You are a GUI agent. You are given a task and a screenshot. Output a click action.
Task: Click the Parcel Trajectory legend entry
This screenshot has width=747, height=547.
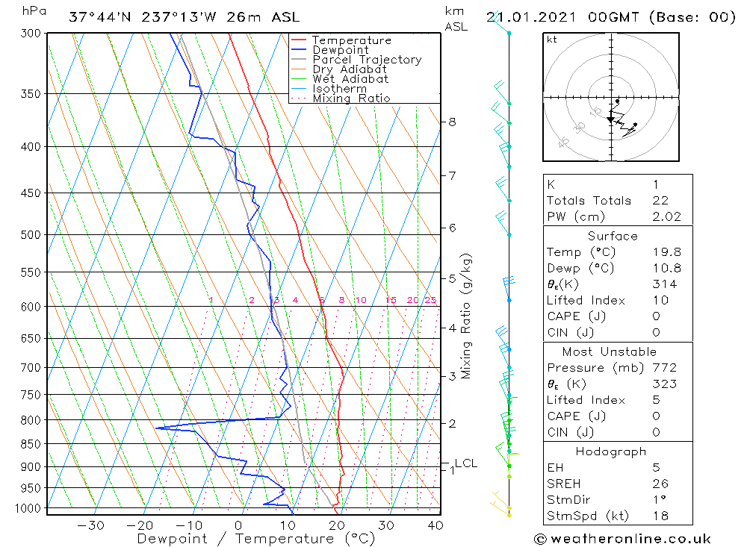[x=367, y=60]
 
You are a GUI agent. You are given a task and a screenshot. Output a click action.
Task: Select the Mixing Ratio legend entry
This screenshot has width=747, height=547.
[x=351, y=98]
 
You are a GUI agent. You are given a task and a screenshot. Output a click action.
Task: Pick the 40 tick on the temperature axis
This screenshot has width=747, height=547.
[x=435, y=525]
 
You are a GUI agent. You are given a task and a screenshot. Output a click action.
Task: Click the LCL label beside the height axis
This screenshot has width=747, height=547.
[x=465, y=463]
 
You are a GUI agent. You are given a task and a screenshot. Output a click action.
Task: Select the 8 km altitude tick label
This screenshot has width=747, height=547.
[x=452, y=122]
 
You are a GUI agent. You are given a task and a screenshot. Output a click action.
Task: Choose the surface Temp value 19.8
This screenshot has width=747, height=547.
[x=666, y=252]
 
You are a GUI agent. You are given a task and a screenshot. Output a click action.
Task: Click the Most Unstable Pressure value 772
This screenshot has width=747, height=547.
[x=664, y=368]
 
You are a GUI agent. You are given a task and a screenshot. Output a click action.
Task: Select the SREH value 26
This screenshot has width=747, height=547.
[x=660, y=484]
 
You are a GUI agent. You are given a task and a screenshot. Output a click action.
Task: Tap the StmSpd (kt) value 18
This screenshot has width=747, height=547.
[x=660, y=516]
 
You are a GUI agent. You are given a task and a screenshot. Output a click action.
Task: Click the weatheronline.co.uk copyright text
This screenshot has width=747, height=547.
[x=623, y=539]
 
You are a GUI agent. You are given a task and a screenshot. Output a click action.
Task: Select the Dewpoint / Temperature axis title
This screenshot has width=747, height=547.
[x=255, y=538]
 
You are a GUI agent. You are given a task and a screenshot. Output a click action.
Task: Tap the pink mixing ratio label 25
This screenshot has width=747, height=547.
[x=430, y=300]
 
